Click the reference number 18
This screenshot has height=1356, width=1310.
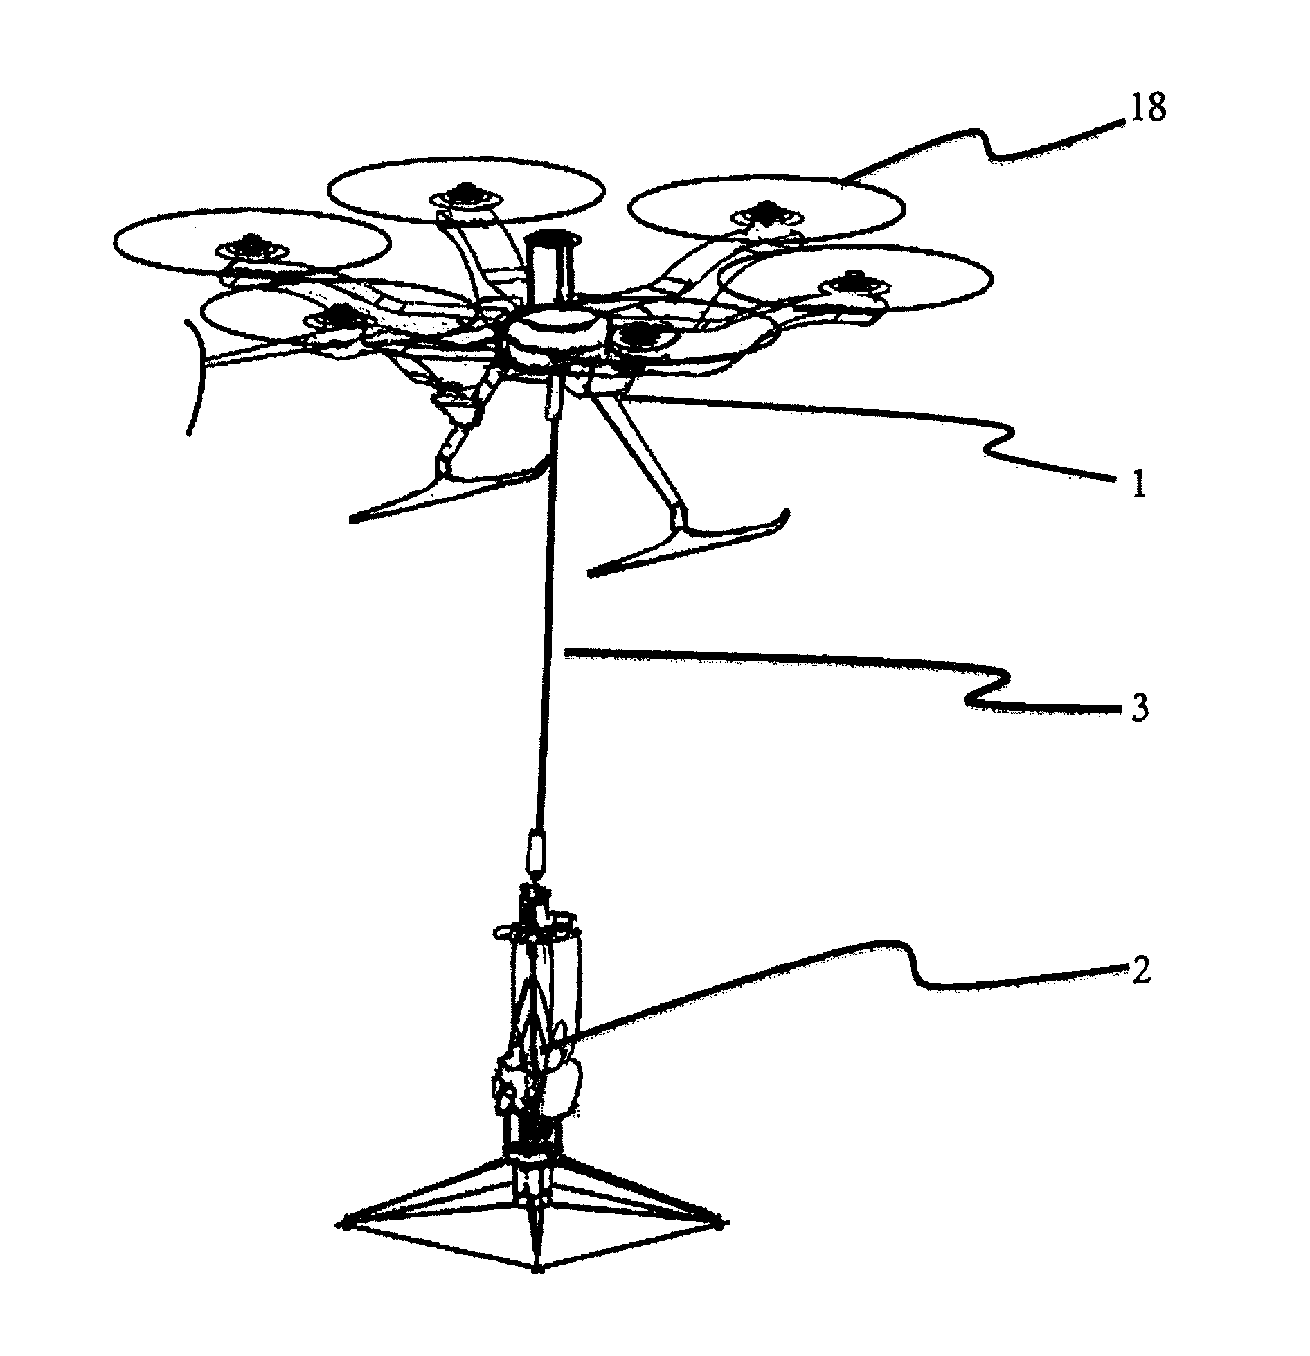pyautogui.click(x=1149, y=109)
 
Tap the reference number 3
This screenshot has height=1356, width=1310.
pyautogui.click(x=1140, y=709)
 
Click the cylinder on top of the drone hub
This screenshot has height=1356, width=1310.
pyautogui.click(x=550, y=271)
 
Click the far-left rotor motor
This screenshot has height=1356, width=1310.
pyautogui.click(x=248, y=248)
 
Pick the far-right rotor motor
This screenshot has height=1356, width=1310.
pyautogui.click(x=854, y=285)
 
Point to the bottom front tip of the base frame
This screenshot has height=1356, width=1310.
pyautogui.click(x=537, y=1289)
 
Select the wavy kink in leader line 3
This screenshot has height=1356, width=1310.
pyautogui.click(x=987, y=688)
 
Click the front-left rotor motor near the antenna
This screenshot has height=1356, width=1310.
pyautogui.click(x=338, y=319)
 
